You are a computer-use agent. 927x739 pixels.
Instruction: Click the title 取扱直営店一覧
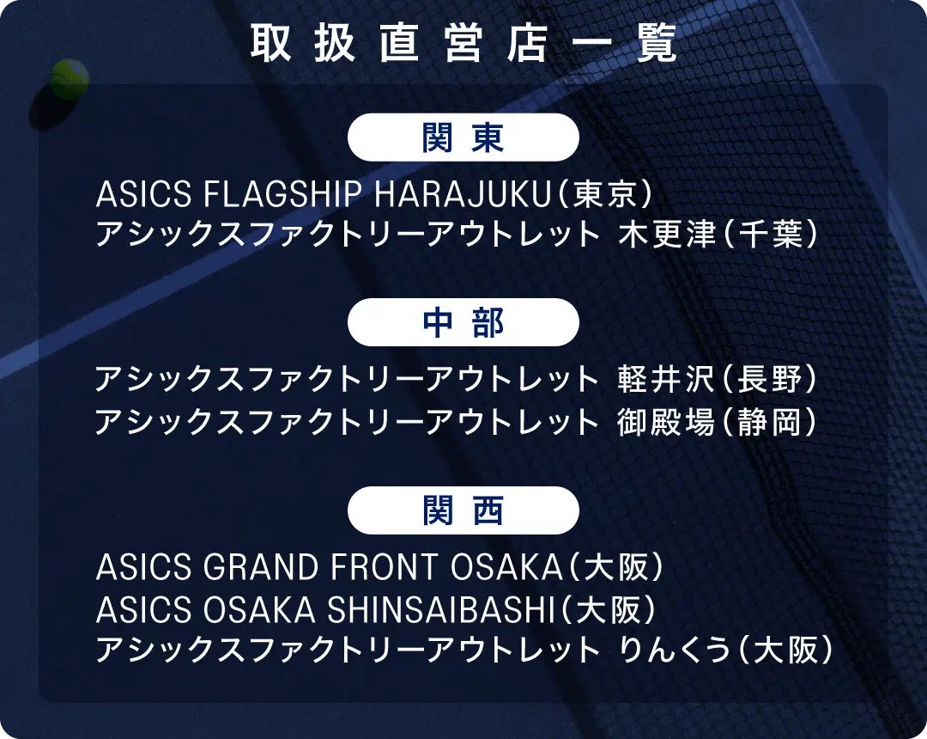point(463,43)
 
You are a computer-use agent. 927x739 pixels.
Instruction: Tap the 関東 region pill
point(463,137)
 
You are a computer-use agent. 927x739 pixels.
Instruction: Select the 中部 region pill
point(463,322)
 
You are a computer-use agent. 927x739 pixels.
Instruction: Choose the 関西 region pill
point(463,510)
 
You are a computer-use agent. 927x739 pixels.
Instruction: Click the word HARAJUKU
point(463,194)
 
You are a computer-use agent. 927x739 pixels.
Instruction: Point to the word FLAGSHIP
point(282,194)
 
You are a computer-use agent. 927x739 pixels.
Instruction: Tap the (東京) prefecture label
point(604,194)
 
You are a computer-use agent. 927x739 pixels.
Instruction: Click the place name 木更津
point(667,234)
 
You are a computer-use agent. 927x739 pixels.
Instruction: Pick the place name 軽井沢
point(667,379)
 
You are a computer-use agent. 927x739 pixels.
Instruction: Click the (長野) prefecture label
point(768,379)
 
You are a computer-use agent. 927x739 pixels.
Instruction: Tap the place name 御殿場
point(667,422)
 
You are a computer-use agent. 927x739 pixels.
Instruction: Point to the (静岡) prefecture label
point(768,422)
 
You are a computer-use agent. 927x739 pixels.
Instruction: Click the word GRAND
point(261,567)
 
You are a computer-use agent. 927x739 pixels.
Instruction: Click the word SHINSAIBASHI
point(441,609)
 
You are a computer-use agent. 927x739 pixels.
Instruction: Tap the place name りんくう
point(675,649)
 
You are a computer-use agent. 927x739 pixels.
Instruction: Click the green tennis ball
point(70,79)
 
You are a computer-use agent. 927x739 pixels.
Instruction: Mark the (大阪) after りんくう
point(784,649)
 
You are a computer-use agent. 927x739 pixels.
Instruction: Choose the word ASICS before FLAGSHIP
point(143,194)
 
